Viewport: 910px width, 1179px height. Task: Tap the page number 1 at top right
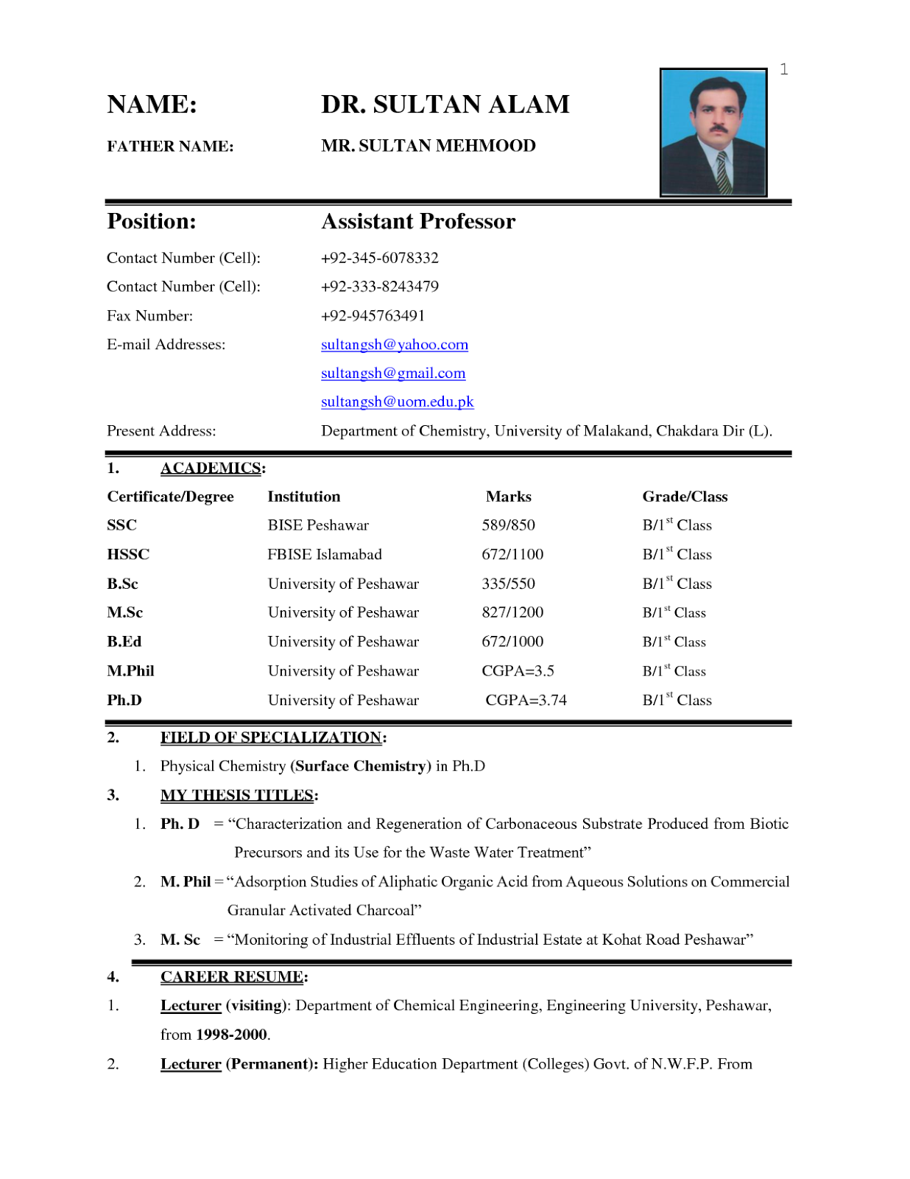pyautogui.click(x=784, y=69)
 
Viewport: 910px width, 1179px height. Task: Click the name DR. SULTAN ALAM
pyautogui.click(x=445, y=104)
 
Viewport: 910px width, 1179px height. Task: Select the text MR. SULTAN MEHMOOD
pyautogui.click(x=428, y=146)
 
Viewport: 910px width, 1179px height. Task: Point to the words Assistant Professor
pyautogui.click(x=418, y=221)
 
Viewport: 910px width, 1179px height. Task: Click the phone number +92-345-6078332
pyautogui.click(x=379, y=258)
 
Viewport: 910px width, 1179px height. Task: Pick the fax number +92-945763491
pyautogui.click(x=373, y=315)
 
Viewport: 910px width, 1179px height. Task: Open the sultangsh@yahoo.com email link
pyautogui.click(x=394, y=344)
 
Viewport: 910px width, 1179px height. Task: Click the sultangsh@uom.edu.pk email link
pyautogui.click(x=397, y=402)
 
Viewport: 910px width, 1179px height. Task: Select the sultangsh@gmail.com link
pyautogui.click(x=392, y=373)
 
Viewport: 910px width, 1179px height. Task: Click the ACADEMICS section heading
pyautogui.click(x=211, y=468)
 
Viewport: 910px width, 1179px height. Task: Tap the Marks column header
pyautogui.click(x=508, y=497)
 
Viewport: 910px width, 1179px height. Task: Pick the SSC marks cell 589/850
pyautogui.click(x=508, y=525)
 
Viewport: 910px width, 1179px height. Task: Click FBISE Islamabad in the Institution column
pyautogui.click(x=324, y=554)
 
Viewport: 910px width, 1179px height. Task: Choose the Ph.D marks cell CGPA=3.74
pyautogui.click(x=526, y=700)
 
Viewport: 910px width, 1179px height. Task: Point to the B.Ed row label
pyautogui.click(x=124, y=642)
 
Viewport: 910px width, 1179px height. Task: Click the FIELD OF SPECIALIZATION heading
pyautogui.click(x=271, y=738)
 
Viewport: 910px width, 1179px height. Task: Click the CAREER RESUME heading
pyautogui.click(x=232, y=977)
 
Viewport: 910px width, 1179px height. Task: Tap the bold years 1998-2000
pyautogui.click(x=231, y=1035)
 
